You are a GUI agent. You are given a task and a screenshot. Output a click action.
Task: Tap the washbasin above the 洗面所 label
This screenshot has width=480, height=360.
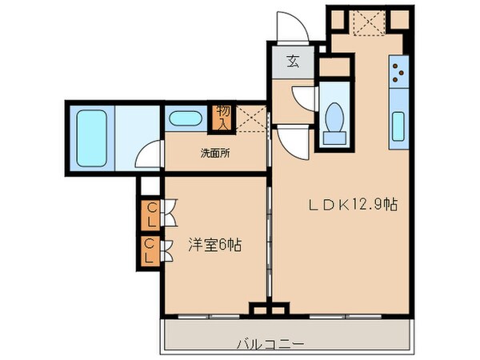point(185,121)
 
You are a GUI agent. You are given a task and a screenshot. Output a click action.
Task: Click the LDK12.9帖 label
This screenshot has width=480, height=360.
point(354,204)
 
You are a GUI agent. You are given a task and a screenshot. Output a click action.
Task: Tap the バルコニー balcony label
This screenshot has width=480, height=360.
point(270,344)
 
